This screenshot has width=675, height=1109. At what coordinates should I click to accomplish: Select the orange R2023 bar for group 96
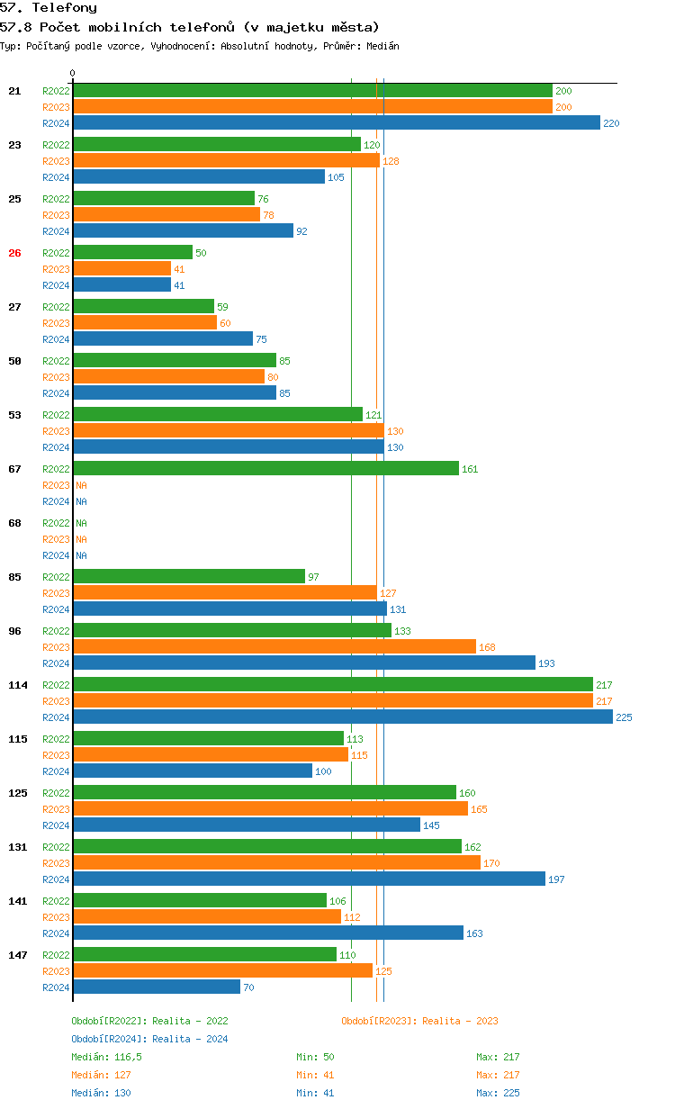[274, 647]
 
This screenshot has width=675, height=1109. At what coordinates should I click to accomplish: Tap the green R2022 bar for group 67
[265, 469]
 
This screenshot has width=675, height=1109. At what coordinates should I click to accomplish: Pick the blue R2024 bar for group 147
[157, 987]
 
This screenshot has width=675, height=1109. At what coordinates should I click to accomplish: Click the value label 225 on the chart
[624, 717]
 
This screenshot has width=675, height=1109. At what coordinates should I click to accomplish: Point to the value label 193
[546, 663]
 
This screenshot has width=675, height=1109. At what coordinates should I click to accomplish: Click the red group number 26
[14, 253]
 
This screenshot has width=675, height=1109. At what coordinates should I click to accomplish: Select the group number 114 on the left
[18, 685]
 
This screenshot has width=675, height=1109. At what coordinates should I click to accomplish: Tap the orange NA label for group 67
[81, 485]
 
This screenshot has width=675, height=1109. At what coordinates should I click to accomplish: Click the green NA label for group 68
[81, 523]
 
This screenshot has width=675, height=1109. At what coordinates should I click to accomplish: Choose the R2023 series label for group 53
[56, 431]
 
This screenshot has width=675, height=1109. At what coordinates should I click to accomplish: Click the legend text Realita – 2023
[460, 1021]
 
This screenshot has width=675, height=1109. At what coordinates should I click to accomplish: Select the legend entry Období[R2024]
[109, 1039]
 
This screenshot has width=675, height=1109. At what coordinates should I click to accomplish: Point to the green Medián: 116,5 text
[106, 1057]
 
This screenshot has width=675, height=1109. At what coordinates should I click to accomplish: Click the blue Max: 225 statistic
[498, 1093]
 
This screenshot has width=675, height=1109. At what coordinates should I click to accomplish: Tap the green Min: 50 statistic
[315, 1057]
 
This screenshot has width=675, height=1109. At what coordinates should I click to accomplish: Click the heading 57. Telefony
[49, 8]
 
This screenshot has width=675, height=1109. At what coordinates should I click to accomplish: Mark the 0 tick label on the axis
[73, 73]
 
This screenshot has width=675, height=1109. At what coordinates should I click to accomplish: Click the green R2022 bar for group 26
[132, 253]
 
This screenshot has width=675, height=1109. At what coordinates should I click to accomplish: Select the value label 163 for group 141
[474, 933]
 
